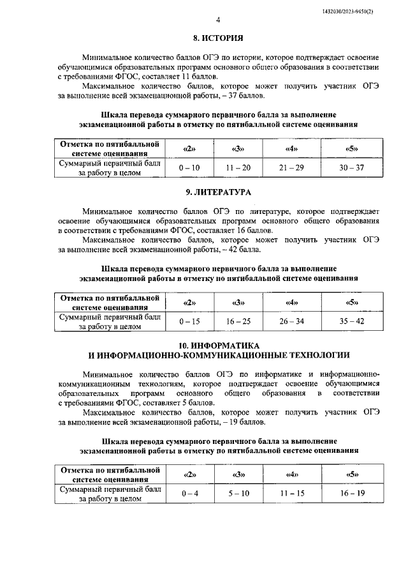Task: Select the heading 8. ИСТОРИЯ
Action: coord(218,38)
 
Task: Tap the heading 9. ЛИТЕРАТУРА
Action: coord(218,192)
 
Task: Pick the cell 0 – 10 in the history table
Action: coord(189,167)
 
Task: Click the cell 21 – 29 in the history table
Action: coord(293,167)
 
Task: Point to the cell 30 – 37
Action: coord(351,167)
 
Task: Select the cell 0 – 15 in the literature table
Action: coord(189,321)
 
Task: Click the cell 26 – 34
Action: coord(293,321)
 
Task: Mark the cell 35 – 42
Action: coord(351,321)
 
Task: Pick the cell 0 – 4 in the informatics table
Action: coord(189,494)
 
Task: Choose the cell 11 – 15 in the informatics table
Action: coord(293,494)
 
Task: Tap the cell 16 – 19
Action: coord(351,494)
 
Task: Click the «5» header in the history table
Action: coord(351,149)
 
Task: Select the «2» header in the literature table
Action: coord(189,303)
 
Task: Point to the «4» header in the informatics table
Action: coord(293,475)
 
